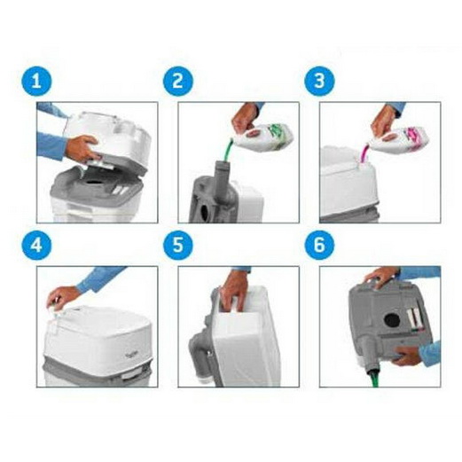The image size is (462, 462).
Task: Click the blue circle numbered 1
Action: tap(36, 81)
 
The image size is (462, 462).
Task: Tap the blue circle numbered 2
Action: tap(178, 81)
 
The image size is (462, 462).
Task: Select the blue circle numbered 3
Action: tap(320, 81)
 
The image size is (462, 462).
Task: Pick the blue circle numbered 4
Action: tap(36, 245)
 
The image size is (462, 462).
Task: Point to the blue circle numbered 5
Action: tap(178, 245)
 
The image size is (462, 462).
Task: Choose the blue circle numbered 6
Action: tap(320, 245)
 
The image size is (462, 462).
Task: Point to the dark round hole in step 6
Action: tap(392, 320)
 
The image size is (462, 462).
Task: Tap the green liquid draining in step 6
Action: tap(374, 379)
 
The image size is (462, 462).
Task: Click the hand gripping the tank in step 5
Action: tap(234, 291)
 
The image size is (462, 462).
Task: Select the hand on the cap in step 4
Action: tap(62, 296)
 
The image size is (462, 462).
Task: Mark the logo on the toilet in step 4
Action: tap(130, 355)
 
